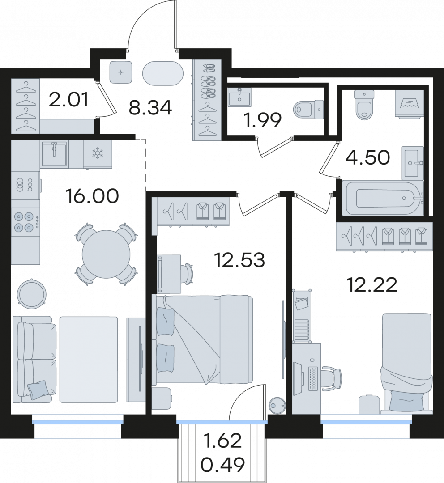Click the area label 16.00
point(93,196)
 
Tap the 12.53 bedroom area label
point(239,260)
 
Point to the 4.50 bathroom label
point(367,157)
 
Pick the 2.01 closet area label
point(69,99)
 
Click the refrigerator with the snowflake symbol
point(98,154)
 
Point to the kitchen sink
point(55,154)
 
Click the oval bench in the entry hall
point(163,74)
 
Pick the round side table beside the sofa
point(32,292)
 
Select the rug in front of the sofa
point(89,359)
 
